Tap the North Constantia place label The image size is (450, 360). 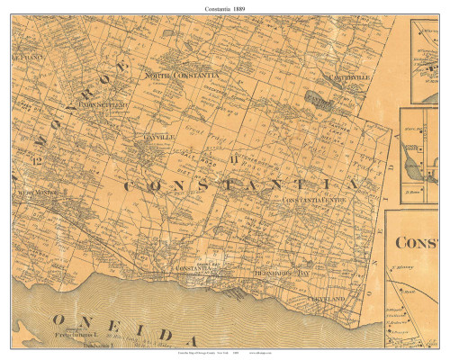pos(182,76)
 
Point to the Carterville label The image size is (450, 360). pos(350,78)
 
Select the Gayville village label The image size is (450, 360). pos(143,137)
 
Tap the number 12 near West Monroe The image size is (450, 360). pos(37,160)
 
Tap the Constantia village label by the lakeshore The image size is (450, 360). pos(192,268)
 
